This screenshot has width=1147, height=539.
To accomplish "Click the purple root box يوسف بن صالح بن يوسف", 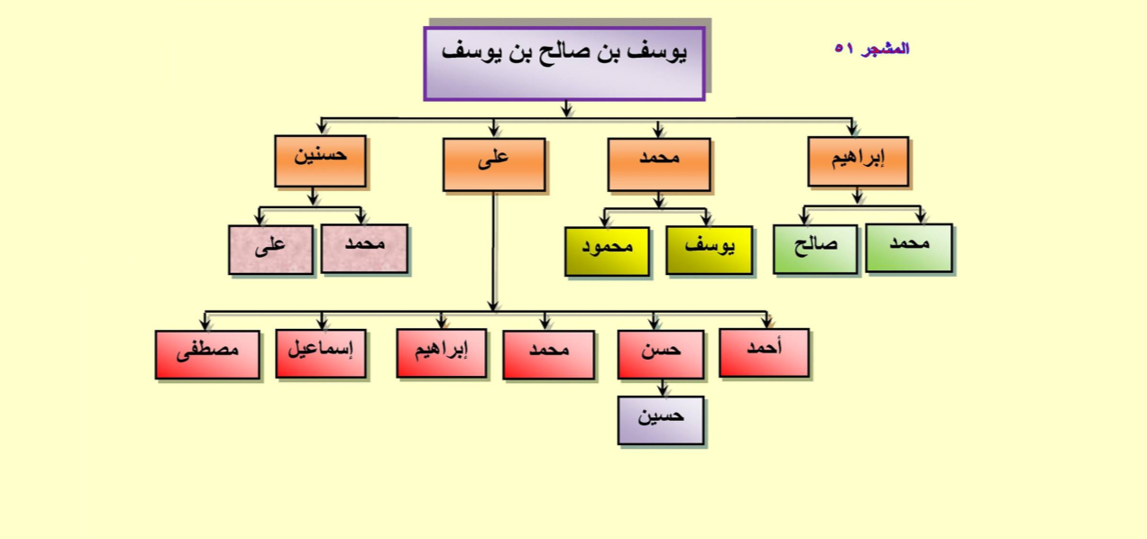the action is tap(564, 64).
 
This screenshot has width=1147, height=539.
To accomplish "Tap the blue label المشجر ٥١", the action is tap(872, 49).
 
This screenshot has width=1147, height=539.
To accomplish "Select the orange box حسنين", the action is tap(320, 161).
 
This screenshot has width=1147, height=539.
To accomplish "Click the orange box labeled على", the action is tap(494, 164).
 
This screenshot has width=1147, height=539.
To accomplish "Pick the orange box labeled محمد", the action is tap(659, 164).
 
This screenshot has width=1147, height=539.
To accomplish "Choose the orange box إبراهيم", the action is tap(858, 161).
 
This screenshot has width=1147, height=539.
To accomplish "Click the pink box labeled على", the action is tap(271, 250).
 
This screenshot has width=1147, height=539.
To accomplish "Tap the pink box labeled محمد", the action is tap(364, 248).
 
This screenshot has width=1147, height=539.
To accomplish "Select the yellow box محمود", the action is tap(607, 251).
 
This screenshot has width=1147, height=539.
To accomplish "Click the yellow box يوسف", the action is tap(710, 251).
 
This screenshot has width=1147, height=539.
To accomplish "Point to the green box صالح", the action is tap(816, 250).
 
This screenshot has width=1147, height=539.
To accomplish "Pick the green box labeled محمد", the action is tap(910, 248).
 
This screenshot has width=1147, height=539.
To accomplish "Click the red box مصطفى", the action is tap(207, 355).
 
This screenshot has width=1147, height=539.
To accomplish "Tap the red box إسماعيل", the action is tap(321, 353).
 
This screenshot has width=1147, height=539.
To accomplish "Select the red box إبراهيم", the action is tap(441, 353).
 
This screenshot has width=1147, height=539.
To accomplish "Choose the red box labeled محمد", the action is tap(549, 355).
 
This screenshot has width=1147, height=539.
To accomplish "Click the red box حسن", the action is tap(661, 355).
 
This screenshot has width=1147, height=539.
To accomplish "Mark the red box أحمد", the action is tap(765, 353).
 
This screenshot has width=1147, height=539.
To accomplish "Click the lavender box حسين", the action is tap(661, 420).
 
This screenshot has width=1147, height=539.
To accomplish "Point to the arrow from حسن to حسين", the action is tap(663, 388).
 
